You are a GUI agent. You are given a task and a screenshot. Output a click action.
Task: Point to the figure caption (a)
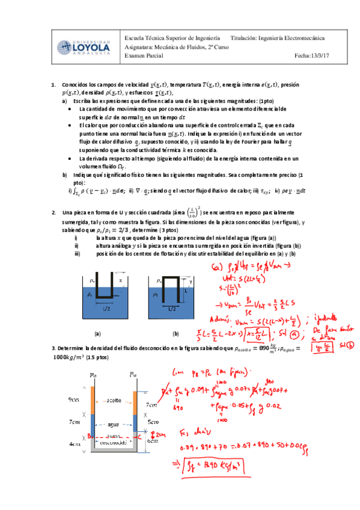coord(97,333)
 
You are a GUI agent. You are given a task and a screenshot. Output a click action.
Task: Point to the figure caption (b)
coord(175,333)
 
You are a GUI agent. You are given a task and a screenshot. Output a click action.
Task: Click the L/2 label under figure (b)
coord(172,308)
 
